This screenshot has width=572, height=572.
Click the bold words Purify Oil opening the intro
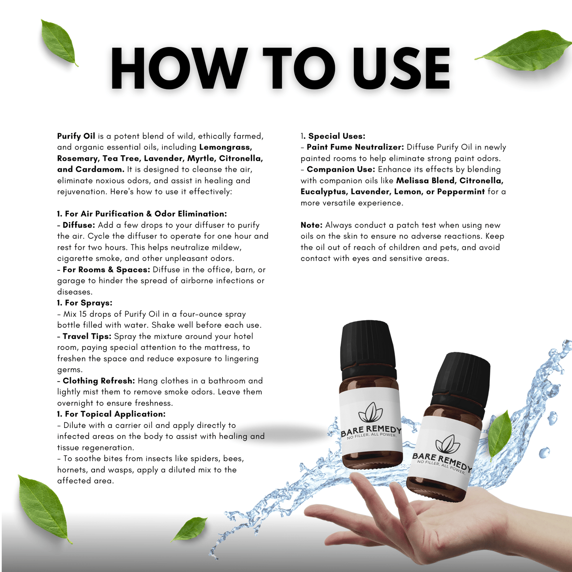coord(76,136)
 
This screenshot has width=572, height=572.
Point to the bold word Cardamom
coord(100,169)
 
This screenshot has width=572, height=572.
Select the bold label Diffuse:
coord(79,225)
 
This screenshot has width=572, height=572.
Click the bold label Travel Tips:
coord(87,336)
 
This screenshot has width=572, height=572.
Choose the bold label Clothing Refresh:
coord(99,381)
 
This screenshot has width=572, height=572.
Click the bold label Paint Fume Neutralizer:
coord(355,147)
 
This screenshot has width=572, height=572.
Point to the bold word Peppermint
coord(461,192)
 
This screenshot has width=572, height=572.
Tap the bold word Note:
coord(312,225)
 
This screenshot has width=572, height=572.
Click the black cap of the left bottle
coord(370,346)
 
